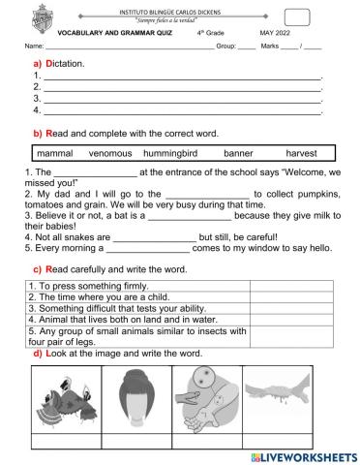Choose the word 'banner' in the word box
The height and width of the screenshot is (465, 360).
[x=237, y=153]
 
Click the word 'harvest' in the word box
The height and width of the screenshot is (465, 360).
[x=301, y=153]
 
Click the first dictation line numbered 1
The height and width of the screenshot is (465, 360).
[x=179, y=75]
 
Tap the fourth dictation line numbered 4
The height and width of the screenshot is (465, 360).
[x=179, y=109]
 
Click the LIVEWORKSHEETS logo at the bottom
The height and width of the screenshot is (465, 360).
[x=291, y=454]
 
